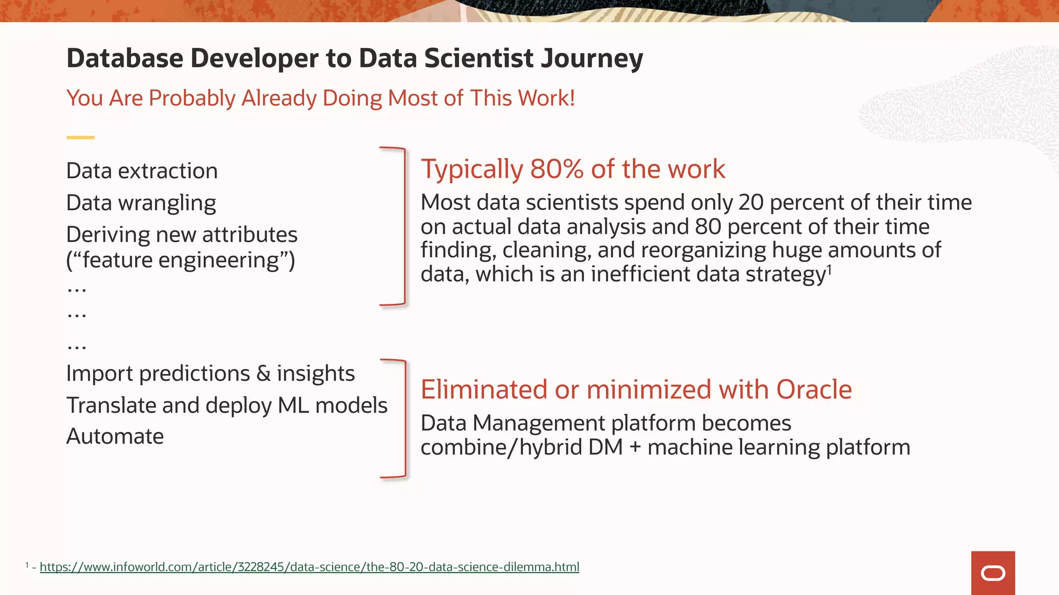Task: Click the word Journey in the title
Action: click(x=592, y=58)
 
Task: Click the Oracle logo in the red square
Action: click(x=993, y=573)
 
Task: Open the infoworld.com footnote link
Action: click(x=309, y=567)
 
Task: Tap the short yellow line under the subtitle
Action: click(x=80, y=137)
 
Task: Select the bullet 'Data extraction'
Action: click(x=142, y=171)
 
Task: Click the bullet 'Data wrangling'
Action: click(x=141, y=203)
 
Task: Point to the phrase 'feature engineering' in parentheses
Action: click(x=180, y=260)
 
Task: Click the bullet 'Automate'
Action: click(x=115, y=436)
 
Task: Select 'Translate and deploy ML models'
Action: click(x=226, y=405)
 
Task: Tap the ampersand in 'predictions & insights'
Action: click(x=263, y=373)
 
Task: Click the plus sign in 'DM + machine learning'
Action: click(x=635, y=448)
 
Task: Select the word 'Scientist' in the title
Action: click(x=479, y=58)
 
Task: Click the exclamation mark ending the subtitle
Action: click(x=572, y=98)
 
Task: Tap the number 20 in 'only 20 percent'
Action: click(x=751, y=202)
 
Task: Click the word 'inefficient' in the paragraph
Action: click(x=640, y=274)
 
